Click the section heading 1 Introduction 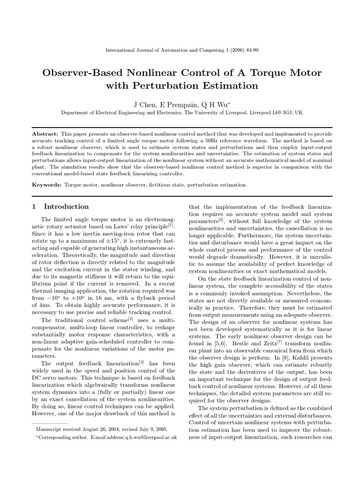[60, 206]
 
